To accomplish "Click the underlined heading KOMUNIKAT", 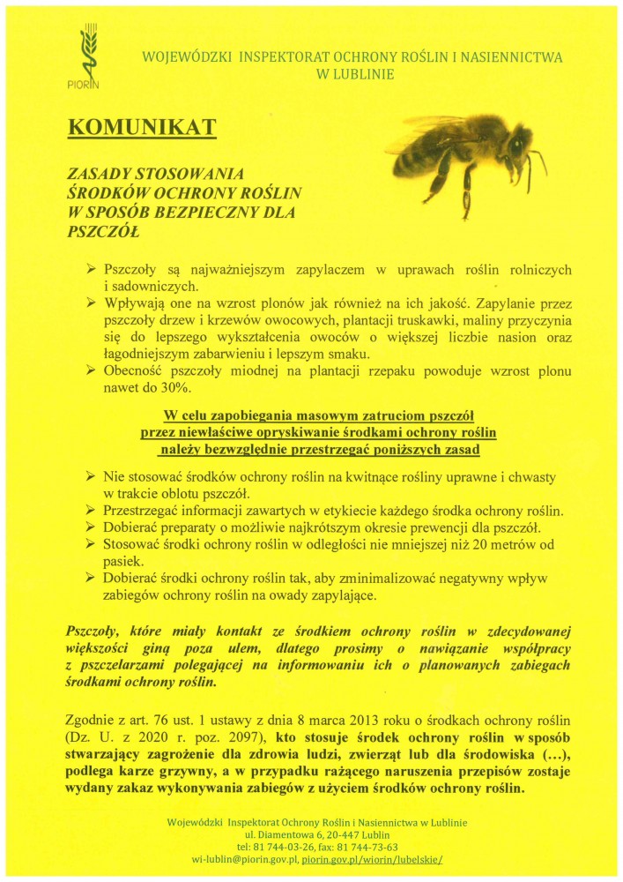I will coord(142,128).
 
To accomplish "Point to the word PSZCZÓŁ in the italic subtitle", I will coord(103,231).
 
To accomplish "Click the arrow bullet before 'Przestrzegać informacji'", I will coord(91,511).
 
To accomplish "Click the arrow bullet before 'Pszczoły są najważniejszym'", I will coord(91,270).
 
